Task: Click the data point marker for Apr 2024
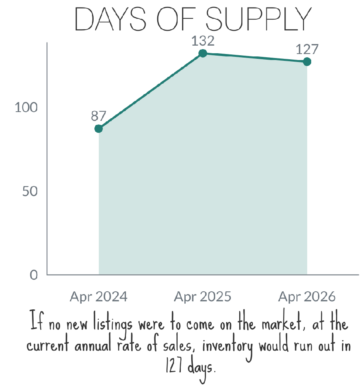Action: [x=98, y=128]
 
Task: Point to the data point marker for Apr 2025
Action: [x=203, y=53]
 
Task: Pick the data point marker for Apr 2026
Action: [x=307, y=62]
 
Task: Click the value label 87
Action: [x=98, y=116]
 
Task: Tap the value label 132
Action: [x=203, y=41]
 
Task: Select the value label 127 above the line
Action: [x=307, y=49]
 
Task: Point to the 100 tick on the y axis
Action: [x=26, y=108]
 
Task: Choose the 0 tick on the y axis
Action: [x=34, y=275]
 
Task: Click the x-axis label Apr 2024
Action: [x=98, y=297]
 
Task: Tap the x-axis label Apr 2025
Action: [x=203, y=297]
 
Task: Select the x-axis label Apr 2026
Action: [x=307, y=297]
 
